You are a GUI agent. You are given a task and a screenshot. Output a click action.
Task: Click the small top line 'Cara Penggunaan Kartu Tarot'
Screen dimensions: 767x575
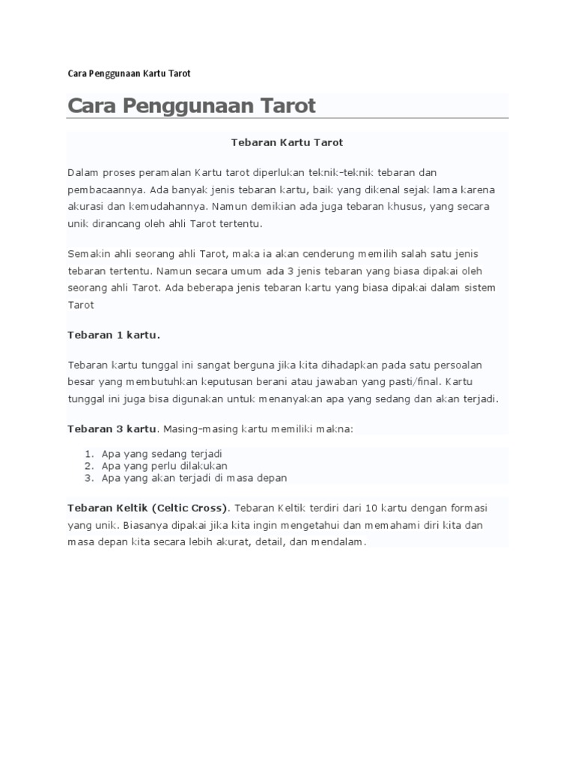(x=129, y=73)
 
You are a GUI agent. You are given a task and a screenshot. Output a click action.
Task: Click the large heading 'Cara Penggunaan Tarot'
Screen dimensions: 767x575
(x=192, y=106)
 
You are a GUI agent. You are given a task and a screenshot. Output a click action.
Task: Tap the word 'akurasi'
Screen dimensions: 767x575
(x=87, y=206)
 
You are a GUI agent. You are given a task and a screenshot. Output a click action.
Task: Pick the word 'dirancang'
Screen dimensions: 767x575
(x=117, y=223)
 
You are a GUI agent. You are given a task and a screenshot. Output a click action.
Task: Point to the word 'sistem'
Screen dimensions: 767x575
(x=479, y=288)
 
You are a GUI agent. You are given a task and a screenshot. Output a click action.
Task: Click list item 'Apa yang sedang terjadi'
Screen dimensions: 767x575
(x=162, y=454)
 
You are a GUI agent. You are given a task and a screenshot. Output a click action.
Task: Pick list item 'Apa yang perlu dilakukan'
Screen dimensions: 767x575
(x=164, y=465)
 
